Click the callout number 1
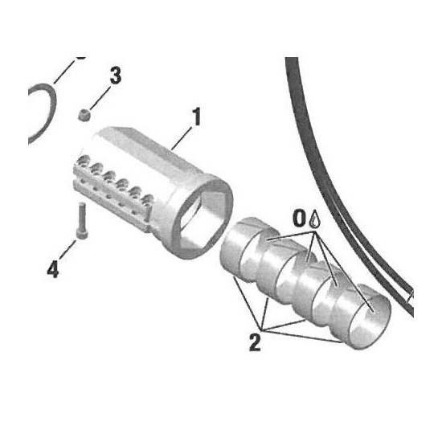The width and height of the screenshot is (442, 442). coord(196,117)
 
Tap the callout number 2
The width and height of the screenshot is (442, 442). coord(255,342)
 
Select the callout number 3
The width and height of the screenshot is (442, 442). coord(116,76)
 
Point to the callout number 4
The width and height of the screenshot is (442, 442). coord(53,269)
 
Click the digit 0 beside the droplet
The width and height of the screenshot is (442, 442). coord(300,218)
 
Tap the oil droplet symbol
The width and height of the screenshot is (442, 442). coord(314,219)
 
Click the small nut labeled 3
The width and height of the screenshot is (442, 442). coord(84,115)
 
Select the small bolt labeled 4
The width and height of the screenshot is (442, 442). coord(82,221)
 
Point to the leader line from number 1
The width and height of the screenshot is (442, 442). coord(182,138)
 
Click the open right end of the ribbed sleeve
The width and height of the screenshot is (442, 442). coord(370,322)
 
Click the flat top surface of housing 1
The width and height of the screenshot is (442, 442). coord(146,149)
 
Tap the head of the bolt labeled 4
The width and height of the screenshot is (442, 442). coord(82,235)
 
